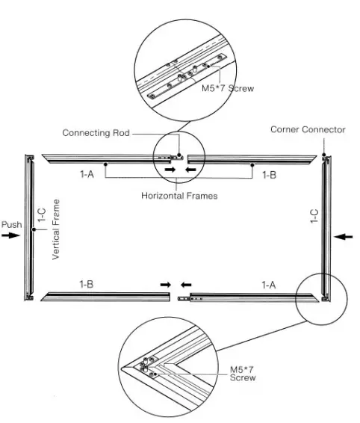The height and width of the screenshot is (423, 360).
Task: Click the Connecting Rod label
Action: pos(96,133)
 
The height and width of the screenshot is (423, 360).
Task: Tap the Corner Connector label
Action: pos(308,129)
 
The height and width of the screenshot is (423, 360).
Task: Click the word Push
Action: pos(11,224)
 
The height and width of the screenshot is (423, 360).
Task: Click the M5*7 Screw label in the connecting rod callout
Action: pos(229,88)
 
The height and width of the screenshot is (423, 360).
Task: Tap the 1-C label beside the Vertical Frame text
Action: pos(43,217)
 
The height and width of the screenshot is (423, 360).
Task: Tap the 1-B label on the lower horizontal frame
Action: pos(87,284)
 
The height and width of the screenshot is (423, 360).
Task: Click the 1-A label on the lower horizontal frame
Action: pos(270,284)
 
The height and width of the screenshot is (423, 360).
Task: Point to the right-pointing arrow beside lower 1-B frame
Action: pos(164,285)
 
